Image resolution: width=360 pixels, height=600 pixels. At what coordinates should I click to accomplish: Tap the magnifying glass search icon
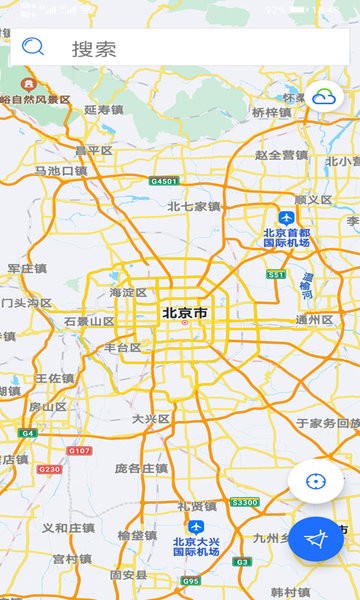click(34, 46)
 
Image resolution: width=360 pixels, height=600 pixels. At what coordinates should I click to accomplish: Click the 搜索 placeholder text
click(94, 48)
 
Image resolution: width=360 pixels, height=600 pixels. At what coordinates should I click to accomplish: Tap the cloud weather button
click(325, 96)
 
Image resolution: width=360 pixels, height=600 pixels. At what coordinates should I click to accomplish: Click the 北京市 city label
click(186, 313)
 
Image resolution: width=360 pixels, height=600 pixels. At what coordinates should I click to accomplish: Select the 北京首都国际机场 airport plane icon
click(287, 217)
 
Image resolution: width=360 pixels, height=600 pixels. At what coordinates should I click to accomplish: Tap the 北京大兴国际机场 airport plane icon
click(197, 527)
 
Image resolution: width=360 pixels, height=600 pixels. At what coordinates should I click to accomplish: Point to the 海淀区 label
click(128, 292)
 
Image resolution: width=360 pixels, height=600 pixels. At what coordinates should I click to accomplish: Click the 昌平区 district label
click(94, 151)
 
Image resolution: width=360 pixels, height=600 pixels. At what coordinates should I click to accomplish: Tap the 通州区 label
click(314, 320)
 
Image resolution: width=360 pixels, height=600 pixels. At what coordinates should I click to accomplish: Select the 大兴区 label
click(151, 419)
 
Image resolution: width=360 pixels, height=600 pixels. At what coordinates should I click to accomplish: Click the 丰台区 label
click(123, 348)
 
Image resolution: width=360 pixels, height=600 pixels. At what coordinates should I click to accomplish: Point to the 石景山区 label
click(89, 321)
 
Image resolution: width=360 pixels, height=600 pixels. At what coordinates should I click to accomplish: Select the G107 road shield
click(79, 452)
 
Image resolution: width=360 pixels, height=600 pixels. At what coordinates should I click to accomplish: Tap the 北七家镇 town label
click(193, 206)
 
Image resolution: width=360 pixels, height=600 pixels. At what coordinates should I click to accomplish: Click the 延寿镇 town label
click(104, 110)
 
